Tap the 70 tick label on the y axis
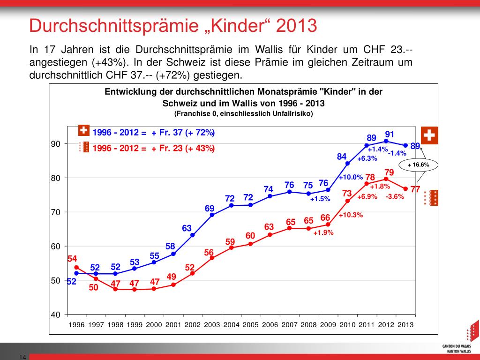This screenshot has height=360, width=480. tap(56, 212)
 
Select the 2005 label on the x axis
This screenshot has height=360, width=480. tap(250, 324)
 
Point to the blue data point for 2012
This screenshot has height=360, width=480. tap(386, 141)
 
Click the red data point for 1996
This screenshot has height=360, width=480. tap(76, 268)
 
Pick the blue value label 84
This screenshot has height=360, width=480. tap(342, 157)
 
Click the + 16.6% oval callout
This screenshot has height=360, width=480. tap(419, 165)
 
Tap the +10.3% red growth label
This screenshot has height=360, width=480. tap(351, 215)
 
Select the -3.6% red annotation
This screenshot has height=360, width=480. tap(395, 196)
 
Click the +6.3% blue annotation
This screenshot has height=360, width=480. tap(367, 158)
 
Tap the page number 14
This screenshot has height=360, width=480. tap(22, 357)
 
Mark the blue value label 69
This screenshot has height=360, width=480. tap(210, 208)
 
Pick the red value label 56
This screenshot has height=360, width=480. tap(209, 253)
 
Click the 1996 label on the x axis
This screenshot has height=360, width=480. tap(76, 324)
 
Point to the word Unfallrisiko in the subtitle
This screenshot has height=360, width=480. tap(290, 113)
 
